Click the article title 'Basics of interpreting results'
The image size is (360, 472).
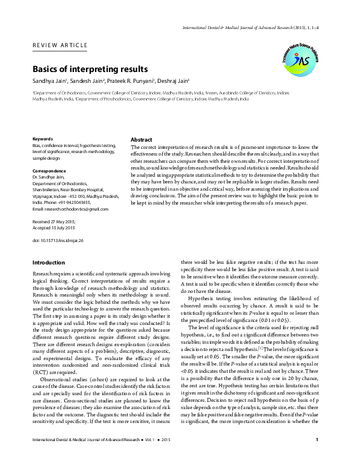(90, 70)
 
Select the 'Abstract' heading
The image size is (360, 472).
(142, 139)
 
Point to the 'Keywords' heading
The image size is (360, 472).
(43, 139)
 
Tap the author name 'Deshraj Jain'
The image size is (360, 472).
(176, 81)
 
